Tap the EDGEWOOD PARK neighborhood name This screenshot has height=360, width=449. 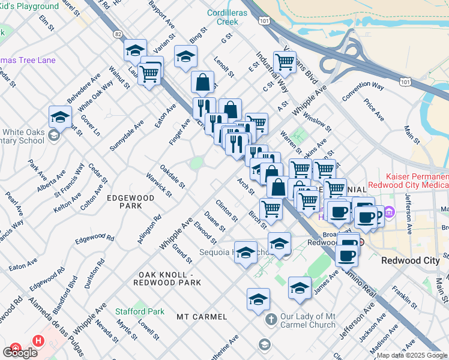[x=124, y=201]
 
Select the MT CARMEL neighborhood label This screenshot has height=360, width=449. [x=202, y=316]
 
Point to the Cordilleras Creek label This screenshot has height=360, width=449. [x=223, y=17]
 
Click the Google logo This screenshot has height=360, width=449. [x=20, y=353]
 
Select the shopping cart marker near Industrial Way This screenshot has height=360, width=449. [x=284, y=61]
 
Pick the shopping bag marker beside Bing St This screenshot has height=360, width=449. [x=203, y=82]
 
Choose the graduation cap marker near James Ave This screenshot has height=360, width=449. [x=300, y=287]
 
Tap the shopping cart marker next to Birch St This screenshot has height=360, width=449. [x=271, y=208]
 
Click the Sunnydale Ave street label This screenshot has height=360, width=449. [x=127, y=135]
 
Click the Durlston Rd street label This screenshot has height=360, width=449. [x=92, y=275]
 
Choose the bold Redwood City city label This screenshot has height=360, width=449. [x=410, y=261]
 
